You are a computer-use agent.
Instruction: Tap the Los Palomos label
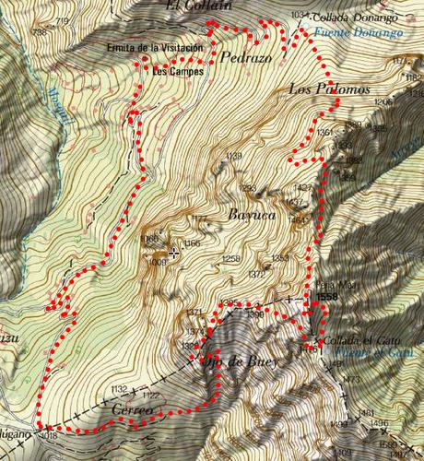coord(329,89)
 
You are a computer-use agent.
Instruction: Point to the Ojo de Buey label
coord(240,361)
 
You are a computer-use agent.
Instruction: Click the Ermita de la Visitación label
coord(153,48)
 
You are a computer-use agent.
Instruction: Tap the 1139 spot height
coord(233,156)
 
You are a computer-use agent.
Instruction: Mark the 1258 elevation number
coord(231,259)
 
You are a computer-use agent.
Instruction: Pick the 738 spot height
coord(39,32)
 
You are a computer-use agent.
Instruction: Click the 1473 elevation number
coord(351,380)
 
